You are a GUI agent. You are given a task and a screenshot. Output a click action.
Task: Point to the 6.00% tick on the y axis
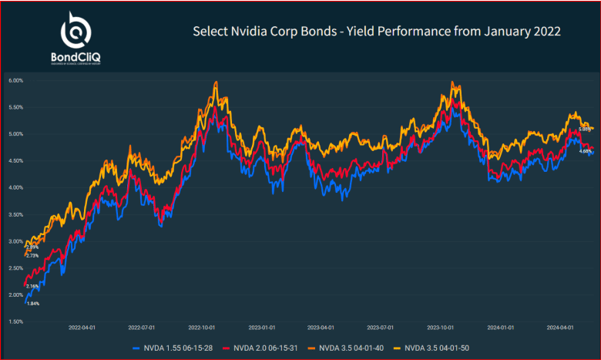(x=15, y=80)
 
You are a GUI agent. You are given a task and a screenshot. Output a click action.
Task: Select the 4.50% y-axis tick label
(x=15, y=160)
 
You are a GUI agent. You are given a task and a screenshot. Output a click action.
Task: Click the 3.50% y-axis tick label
(x=15, y=214)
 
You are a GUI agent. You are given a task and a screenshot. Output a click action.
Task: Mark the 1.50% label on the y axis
(x=15, y=321)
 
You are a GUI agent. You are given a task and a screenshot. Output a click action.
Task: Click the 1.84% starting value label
(x=32, y=304)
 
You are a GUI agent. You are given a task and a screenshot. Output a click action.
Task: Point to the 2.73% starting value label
(x=32, y=255)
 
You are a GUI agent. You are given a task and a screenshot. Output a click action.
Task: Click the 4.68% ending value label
(x=586, y=151)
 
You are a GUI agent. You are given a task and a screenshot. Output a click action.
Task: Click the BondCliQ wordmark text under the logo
(x=76, y=56)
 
